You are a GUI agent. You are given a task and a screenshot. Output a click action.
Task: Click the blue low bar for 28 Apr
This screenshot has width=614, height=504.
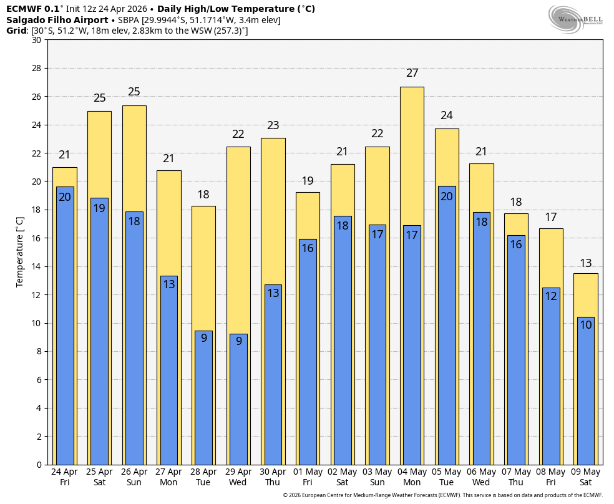[203, 398]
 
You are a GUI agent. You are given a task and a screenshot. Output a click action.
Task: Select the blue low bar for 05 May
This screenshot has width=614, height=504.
[447, 326]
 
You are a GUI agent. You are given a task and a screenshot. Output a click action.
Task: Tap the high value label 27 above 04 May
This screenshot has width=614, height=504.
[412, 73]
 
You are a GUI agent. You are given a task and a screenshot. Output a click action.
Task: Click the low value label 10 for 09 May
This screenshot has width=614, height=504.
[586, 325]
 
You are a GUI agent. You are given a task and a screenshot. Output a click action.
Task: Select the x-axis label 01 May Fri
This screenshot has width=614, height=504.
[308, 477]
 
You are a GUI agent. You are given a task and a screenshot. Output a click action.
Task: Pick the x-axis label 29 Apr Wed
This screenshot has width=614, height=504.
[238, 477]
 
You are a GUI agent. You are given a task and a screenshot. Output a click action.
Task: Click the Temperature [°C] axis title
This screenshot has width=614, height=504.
[19, 253]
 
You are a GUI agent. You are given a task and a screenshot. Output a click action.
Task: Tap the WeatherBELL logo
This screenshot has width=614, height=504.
[575, 19]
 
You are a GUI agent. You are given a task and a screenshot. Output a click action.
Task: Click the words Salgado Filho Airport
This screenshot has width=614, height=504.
[57, 20]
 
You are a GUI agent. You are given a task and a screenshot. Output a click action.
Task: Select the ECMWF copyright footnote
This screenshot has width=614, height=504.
[443, 495]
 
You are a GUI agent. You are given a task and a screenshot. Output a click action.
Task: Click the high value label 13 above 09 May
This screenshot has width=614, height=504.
[586, 263]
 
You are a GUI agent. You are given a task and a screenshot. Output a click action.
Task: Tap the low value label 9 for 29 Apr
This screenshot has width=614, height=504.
[238, 341]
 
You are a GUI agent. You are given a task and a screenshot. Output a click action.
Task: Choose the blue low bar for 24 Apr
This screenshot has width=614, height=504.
[65, 326]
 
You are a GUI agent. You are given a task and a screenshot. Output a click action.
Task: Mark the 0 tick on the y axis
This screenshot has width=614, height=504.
[39, 465]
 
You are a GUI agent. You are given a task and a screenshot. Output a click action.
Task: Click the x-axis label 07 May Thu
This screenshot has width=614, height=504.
[516, 477]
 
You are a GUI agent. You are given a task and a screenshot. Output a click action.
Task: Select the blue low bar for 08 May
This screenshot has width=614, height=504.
[551, 376]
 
